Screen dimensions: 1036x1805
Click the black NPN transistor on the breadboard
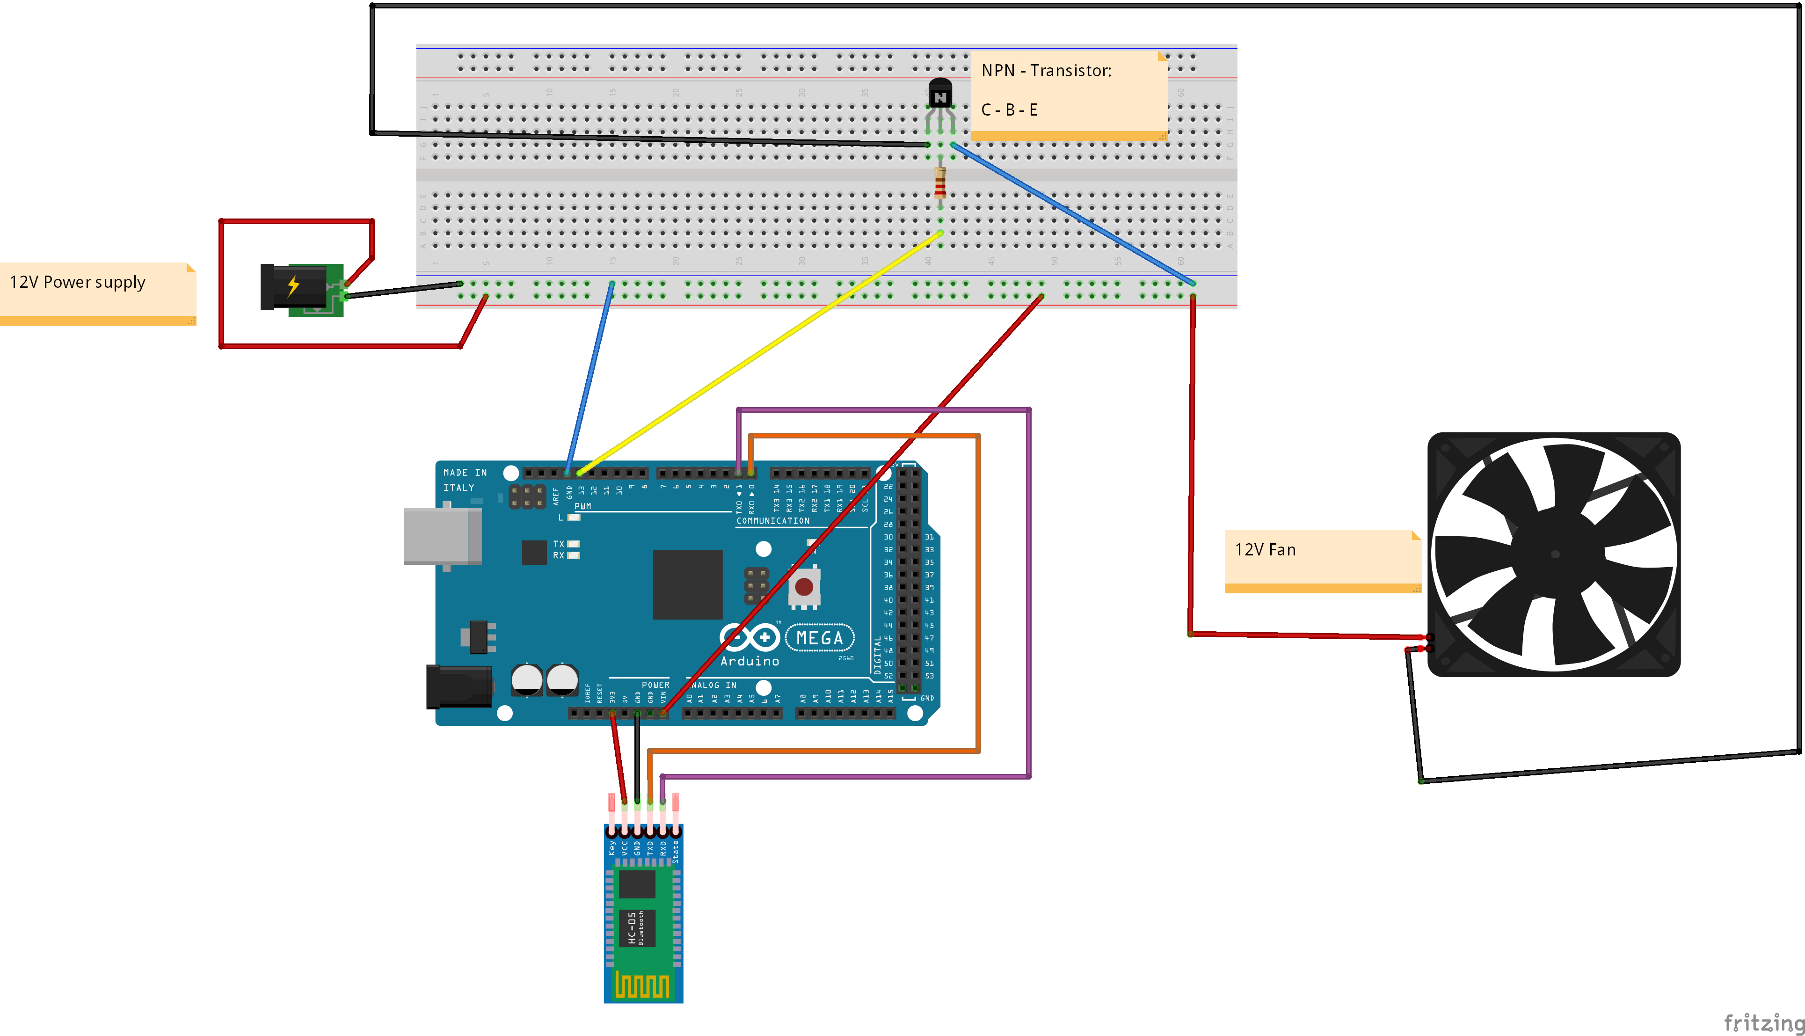(x=940, y=95)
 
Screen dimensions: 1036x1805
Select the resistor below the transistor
(x=940, y=183)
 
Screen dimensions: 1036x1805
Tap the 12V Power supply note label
(x=78, y=283)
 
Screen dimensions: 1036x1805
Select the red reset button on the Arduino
(x=804, y=586)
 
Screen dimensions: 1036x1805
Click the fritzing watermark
(x=1763, y=1022)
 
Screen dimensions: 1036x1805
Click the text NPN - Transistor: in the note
(x=1046, y=71)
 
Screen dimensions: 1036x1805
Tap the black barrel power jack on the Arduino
(x=459, y=686)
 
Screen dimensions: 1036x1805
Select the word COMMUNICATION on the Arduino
(x=772, y=521)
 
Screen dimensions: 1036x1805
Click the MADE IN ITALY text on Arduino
(x=465, y=480)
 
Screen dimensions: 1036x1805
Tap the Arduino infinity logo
(x=749, y=637)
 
